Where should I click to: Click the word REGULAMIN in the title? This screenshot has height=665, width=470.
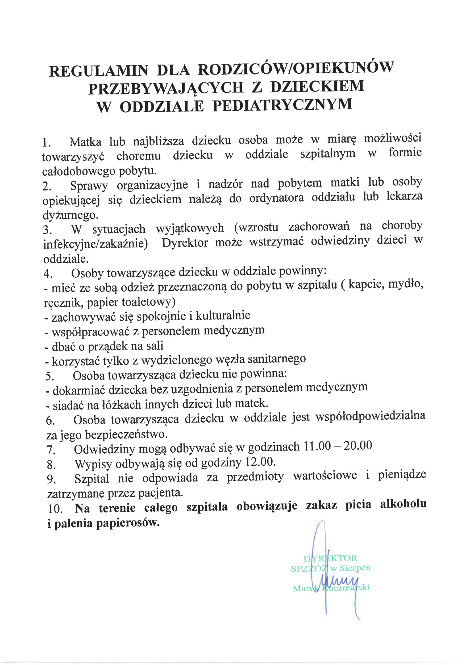98,71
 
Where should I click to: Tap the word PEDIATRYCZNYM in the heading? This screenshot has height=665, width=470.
282,105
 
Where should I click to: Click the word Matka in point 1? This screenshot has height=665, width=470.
85,142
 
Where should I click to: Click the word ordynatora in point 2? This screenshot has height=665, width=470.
276,198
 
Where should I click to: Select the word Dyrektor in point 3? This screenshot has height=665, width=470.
185,243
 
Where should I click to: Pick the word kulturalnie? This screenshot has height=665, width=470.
223,315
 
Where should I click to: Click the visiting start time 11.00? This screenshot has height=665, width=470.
317,446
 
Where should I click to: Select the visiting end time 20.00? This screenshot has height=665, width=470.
358,445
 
